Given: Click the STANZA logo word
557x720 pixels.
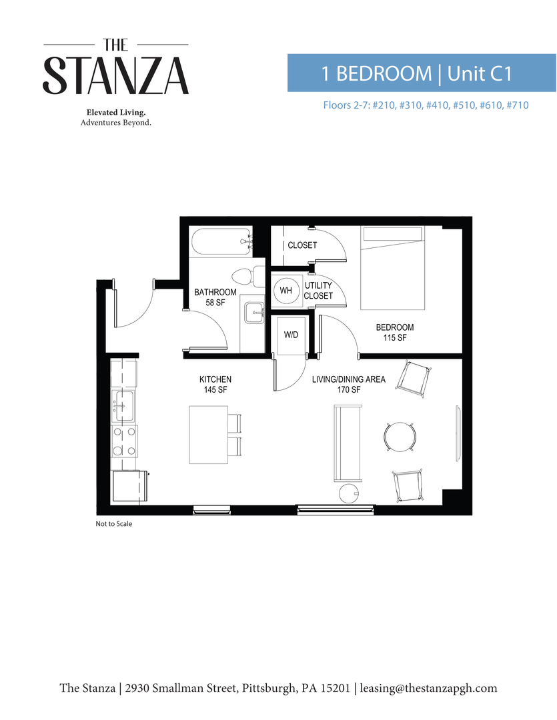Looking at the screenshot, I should point(116,75).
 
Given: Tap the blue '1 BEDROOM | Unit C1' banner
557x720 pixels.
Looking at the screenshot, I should point(422,73).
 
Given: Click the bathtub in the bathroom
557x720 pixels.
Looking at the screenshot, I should point(219,242).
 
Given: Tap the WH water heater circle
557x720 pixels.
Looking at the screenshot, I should point(286,291).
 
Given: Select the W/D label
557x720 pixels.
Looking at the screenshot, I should point(291,334).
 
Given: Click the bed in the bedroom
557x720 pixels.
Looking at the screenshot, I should point(392,268).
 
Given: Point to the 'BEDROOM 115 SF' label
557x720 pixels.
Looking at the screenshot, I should point(394,333).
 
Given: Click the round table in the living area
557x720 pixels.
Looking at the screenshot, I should point(400,437).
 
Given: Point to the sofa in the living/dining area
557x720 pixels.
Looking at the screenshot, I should point(348,445).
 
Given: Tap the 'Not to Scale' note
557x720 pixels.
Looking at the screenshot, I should point(114,524).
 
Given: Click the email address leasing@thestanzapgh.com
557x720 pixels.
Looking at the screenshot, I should point(428,688).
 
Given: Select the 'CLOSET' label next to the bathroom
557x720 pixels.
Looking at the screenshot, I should point(302,245).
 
